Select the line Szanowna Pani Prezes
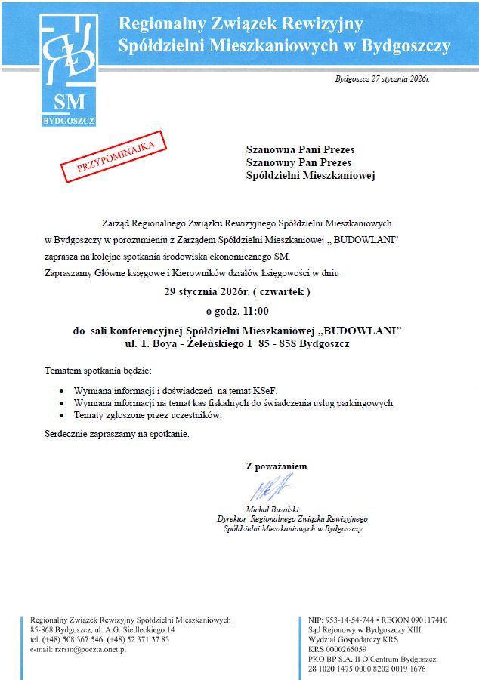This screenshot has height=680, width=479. click(300, 149)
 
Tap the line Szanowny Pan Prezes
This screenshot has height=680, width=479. click(298, 162)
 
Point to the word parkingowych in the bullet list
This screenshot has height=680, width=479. click(366, 404)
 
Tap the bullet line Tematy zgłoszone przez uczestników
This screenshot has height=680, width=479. click(147, 415)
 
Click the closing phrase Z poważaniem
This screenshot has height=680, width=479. click(277, 466)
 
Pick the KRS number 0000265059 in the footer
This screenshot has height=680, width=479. click(338, 649)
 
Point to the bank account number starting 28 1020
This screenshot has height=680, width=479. click(367, 669)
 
